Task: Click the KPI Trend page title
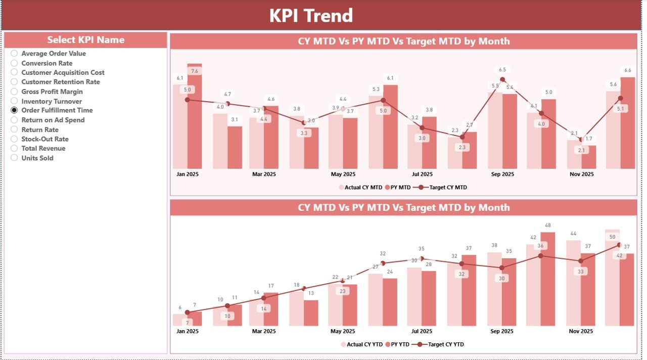tap(311, 16)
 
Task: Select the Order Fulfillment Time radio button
tap(14, 110)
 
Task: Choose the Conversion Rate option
tap(14, 63)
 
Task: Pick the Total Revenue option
tap(14, 149)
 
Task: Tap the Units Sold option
tap(14, 158)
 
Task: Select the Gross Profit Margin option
tap(14, 92)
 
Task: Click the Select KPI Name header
tap(85, 40)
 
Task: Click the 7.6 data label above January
tap(195, 71)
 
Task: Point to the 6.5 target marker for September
tap(502, 79)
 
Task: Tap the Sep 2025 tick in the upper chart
tap(502, 174)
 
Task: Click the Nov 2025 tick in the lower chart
tap(581, 332)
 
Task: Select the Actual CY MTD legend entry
tap(360, 188)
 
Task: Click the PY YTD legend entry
tap(399, 344)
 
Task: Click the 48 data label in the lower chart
tap(548, 226)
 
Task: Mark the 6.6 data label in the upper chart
tap(628, 70)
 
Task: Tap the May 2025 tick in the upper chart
tap(343, 174)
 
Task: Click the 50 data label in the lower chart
tap(612, 237)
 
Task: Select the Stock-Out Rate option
tap(14, 139)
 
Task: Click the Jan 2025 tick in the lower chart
tap(187, 332)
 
